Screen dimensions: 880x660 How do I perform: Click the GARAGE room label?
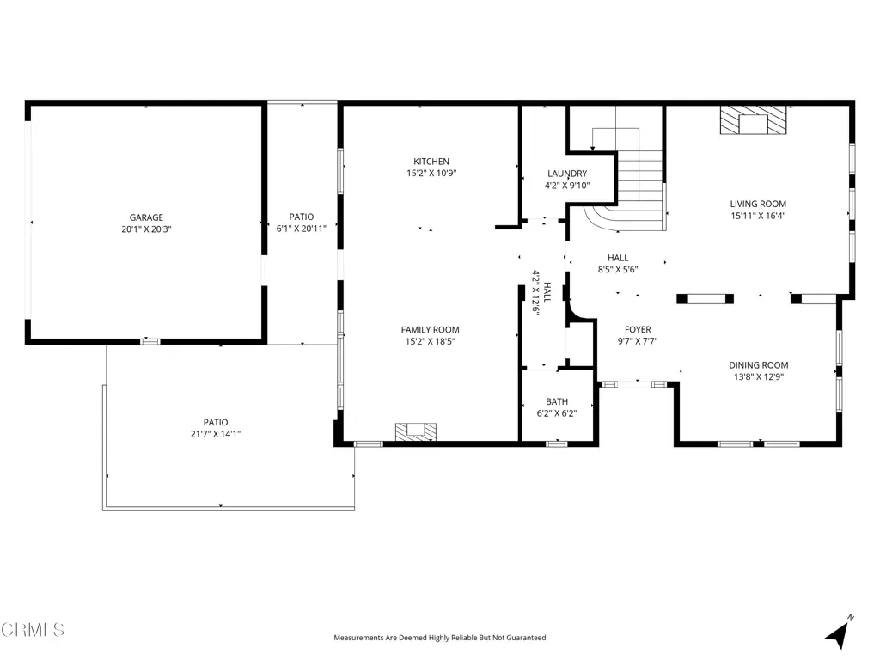point(146,217)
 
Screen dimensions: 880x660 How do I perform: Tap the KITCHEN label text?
point(431,161)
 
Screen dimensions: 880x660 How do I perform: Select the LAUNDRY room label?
point(567,174)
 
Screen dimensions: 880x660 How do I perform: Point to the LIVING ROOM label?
point(758,204)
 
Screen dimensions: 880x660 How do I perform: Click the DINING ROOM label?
point(758,364)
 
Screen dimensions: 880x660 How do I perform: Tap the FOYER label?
point(638,329)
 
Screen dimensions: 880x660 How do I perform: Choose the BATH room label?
point(557,401)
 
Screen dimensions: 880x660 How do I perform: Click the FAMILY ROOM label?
point(430,329)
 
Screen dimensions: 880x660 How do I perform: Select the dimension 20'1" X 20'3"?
point(146,229)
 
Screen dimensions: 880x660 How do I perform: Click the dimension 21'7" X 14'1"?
point(216,434)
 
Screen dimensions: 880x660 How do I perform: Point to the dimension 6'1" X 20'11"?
point(302,229)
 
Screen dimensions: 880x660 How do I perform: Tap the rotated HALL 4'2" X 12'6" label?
point(541,292)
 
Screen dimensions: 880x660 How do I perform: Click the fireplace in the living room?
point(753,120)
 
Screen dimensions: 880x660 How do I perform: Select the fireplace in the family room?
point(416,431)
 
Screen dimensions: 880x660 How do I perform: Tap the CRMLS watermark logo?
point(33,630)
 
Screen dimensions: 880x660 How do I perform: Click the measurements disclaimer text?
point(439,638)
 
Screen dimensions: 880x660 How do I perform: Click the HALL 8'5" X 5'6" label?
point(617,263)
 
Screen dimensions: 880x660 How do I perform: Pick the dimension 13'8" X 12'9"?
point(758,376)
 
